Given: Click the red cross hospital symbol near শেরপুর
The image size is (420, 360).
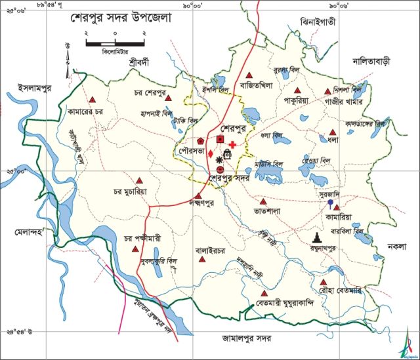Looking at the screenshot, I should pos(232,134).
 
